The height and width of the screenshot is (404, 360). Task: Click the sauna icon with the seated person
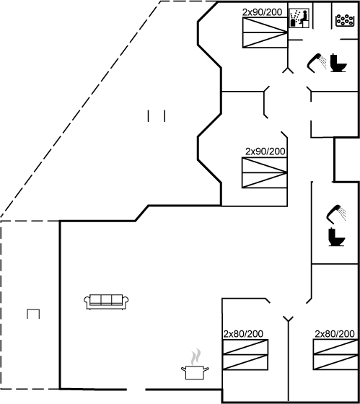coord(299,18)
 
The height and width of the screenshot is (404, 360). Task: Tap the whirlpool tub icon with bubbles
coord(345,20)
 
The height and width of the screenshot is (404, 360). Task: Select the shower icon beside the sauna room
coord(317,63)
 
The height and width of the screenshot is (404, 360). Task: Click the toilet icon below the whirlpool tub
coord(338,63)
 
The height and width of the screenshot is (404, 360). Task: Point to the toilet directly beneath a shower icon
coord(336,237)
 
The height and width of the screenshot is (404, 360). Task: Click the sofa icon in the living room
coord(106,302)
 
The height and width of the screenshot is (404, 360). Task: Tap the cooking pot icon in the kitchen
coord(195,372)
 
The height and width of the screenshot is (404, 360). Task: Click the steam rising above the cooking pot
coord(196,356)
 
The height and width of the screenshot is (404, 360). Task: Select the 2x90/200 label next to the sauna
coord(262,12)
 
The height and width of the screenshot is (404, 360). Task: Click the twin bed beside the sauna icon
coord(265,32)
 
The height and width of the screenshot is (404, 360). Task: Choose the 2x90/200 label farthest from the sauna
coord(265,151)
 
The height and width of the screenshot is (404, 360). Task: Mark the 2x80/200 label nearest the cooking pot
coord(243,334)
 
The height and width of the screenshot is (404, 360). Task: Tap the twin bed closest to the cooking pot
coord(245,355)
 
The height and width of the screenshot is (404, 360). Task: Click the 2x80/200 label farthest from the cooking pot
coord(335,334)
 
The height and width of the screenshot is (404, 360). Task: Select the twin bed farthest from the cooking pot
coord(335,355)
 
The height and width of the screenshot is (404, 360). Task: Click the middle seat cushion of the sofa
coord(106,299)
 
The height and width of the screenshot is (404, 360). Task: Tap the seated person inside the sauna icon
coord(303,17)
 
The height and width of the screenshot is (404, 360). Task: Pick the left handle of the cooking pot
coord(183,369)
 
